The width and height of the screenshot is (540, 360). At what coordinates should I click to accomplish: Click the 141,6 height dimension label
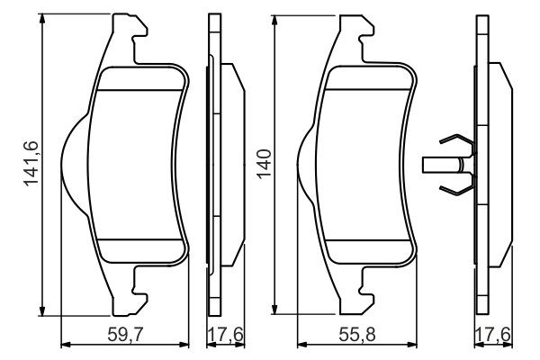[31, 163]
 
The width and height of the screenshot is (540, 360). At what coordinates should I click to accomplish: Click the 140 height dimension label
[264, 163]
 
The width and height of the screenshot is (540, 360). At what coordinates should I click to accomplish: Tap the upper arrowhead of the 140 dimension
[275, 20]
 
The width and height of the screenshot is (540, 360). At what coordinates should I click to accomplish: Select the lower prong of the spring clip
[454, 187]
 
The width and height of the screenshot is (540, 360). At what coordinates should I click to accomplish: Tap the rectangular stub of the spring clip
[439, 164]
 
